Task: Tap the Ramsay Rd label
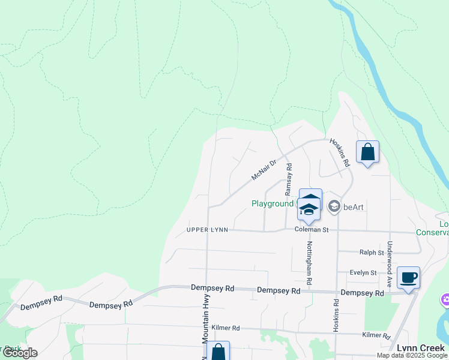click(x=289, y=178)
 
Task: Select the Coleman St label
click(x=312, y=229)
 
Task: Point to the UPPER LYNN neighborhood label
click(x=207, y=230)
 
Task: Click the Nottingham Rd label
click(x=310, y=263)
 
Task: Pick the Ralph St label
click(x=372, y=253)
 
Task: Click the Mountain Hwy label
click(x=205, y=338)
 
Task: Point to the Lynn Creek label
click(x=420, y=348)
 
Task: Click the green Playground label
click(x=272, y=204)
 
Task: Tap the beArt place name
click(x=355, y=207)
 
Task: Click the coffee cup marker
click(x=408, y=278)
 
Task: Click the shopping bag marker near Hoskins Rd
click(x=368, y=152)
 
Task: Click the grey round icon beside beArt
click(x=334, y=207)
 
